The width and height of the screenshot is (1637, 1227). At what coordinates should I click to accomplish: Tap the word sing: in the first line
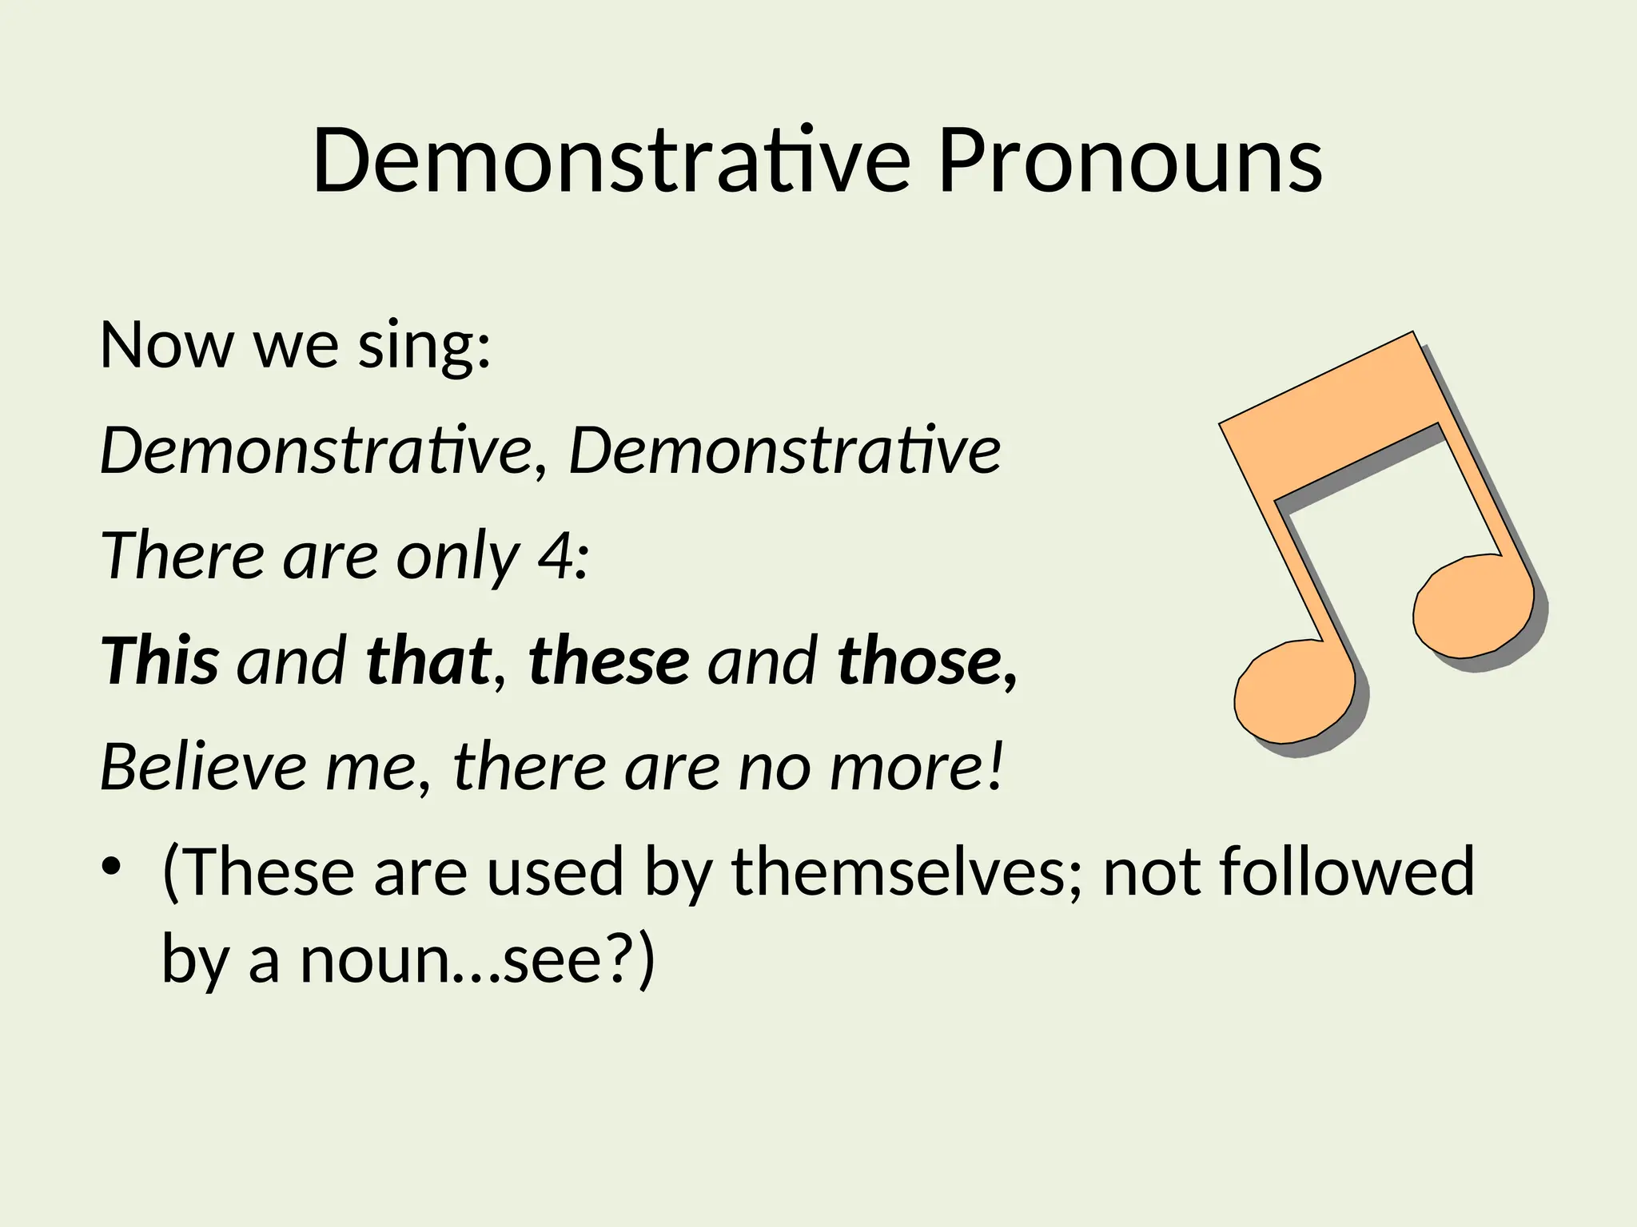coord(424,345)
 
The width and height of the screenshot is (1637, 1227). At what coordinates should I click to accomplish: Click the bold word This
coord(160,661)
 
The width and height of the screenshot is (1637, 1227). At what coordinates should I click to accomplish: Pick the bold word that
coord(428,661)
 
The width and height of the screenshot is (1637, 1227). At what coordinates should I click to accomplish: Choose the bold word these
coord(609,661)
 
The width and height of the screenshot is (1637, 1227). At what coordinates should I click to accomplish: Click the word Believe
coord(204,767)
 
